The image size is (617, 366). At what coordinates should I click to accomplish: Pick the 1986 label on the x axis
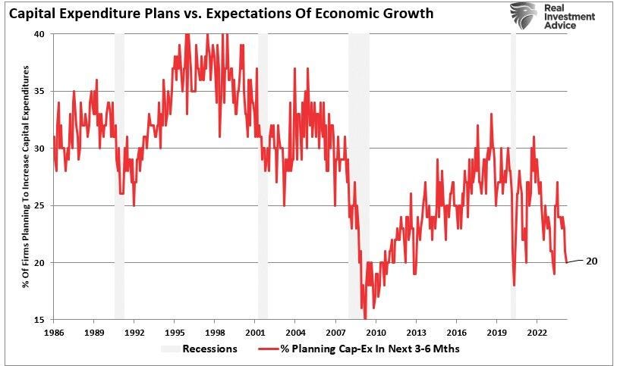point(54,332)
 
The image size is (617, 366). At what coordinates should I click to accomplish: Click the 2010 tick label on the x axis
point(376,332)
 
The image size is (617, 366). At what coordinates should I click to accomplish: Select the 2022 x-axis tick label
point(537,332)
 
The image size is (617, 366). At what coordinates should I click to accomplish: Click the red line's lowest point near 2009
point(365,318)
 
